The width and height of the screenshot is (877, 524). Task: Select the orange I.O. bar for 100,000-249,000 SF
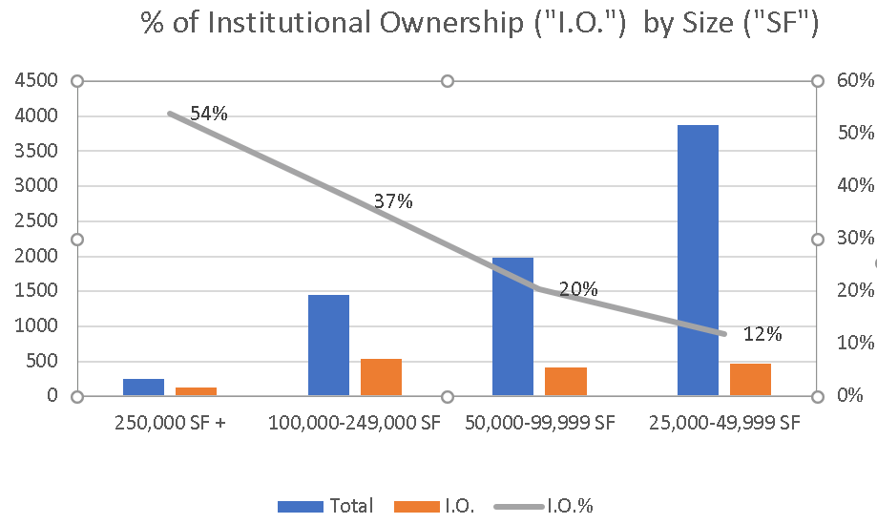(381, 377)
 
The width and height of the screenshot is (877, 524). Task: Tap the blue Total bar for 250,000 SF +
(143, 387)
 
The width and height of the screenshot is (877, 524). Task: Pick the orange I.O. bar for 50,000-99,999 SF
(565, 381)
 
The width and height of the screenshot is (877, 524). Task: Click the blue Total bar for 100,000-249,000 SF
(328, 345)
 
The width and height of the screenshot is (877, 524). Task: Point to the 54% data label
(209, 115)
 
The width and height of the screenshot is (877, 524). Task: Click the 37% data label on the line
(393, 201)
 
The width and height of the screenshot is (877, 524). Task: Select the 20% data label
(578, 289)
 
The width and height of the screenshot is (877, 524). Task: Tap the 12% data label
(762, 334)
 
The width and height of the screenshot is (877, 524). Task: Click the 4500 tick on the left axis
(36, 81)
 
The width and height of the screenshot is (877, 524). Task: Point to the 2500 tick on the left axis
(36, 220)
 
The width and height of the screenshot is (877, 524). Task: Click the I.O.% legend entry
(569, 506)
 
